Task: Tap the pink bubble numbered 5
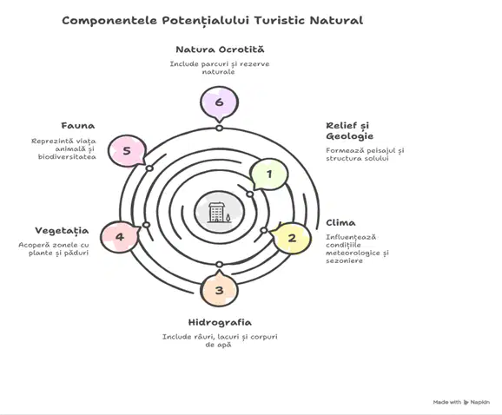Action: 127,151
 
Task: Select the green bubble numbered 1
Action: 269,174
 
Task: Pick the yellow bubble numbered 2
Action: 291,238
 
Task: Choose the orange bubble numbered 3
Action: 220,289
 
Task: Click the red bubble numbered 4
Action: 120,237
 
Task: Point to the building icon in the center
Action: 216,212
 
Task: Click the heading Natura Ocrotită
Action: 220,49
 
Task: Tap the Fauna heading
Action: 78,126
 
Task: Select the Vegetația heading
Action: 62,231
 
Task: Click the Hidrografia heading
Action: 220,322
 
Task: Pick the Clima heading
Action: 340,223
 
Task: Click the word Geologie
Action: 350,136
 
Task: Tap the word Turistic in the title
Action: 280,21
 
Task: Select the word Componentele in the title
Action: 109,21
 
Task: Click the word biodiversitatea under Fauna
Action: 67,157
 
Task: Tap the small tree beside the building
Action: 228,218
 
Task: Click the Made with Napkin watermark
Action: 461,402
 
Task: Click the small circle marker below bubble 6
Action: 219,128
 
